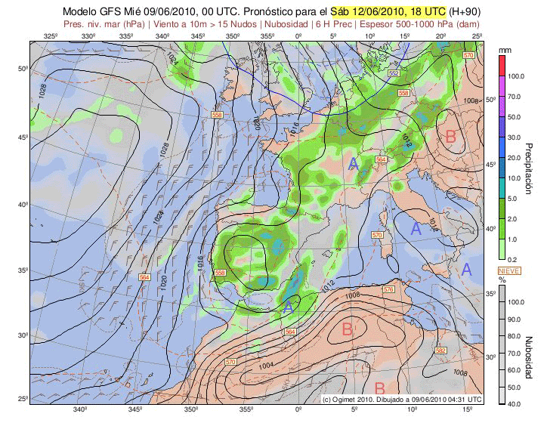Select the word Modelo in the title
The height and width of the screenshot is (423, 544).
82,12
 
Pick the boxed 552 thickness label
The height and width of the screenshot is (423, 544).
394,73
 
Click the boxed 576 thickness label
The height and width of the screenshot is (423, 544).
388,289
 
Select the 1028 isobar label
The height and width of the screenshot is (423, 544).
41,91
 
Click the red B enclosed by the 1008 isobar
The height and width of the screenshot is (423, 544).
348,329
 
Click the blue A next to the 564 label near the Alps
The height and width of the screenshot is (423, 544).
353,162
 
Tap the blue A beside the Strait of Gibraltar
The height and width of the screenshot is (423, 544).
287,307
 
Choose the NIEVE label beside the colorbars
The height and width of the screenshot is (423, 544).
506,270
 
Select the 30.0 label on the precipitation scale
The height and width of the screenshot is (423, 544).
516,137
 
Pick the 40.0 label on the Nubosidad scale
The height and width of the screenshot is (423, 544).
516,405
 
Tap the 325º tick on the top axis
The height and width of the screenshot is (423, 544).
51,36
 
